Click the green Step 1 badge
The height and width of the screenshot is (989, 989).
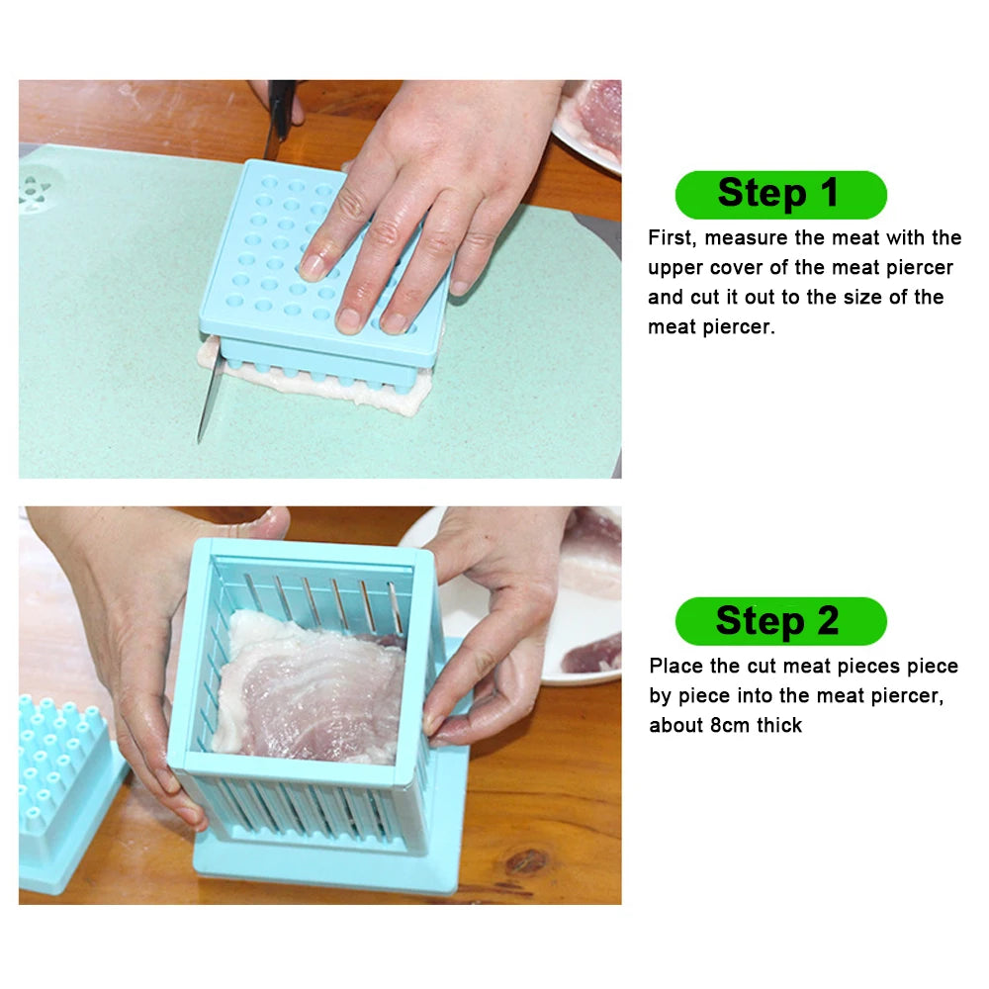tap(780, 194)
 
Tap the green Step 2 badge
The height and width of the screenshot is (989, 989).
tap(780, 621)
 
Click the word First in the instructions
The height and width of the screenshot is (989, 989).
tap(673, 238)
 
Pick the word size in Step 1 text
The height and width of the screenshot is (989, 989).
tap(859, 298)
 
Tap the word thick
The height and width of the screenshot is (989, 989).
tap(779, 725)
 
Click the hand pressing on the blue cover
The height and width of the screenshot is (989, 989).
tap(415, 198)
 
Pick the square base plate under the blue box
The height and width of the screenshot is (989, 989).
tap(326, 870)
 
